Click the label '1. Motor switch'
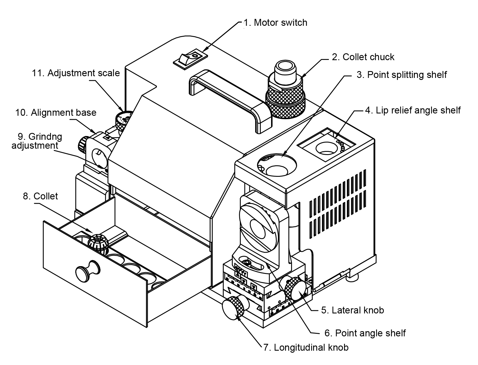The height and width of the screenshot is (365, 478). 275,23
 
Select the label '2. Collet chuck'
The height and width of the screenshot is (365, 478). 363,57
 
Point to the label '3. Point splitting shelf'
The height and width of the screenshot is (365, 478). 402,75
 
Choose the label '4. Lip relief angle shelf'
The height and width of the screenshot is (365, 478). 412,110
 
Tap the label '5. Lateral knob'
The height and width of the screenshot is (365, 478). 352,310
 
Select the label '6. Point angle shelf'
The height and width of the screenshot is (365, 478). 365,333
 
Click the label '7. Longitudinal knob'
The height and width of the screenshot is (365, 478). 306,348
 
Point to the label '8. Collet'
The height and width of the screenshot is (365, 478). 40,196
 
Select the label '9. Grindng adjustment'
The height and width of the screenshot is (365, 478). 37,141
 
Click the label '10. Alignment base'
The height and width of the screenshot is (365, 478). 56,113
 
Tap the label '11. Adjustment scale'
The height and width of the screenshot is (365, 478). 76,73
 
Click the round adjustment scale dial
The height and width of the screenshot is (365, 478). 123,119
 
